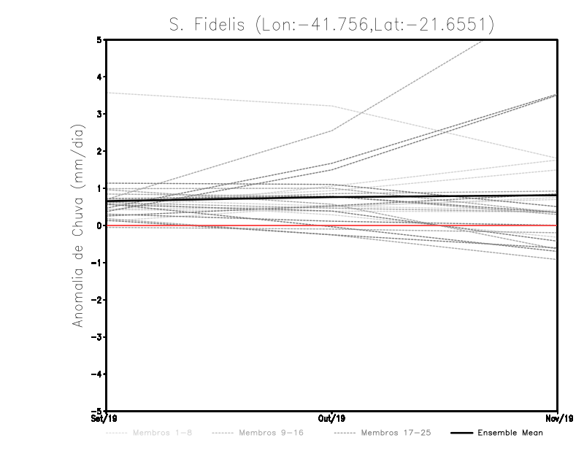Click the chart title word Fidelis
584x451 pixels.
coord(218,25)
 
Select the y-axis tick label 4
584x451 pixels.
coord(100,77)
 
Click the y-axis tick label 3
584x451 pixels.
coord(100,115)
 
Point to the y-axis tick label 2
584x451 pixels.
coord(100,152)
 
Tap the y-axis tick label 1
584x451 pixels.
coord(100,188)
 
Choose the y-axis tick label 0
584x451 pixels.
coord(100,225)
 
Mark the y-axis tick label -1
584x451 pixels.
coord(98,263)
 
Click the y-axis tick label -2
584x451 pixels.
coord(98,300)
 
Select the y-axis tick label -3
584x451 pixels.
coord(98,337)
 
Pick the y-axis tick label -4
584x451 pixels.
coord(98,374)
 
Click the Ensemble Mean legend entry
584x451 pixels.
coord(510,433)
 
